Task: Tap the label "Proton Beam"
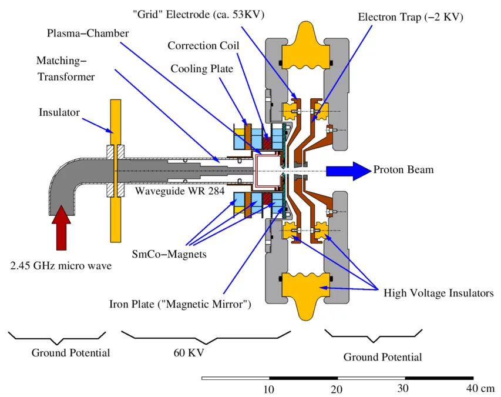click(x=404, y=170)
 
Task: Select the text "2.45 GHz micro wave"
click(x=60, y=266)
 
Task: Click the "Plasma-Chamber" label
click(x=88, y=33)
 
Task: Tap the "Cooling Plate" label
click(x=201, y=69)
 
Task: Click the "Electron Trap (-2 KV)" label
click(x=411, y=17)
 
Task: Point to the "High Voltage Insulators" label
click(x=438, y=293)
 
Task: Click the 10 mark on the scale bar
click(x=268, y=389)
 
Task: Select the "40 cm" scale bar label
click(x=480, y=389)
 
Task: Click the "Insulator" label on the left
click(x=59, y=112)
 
